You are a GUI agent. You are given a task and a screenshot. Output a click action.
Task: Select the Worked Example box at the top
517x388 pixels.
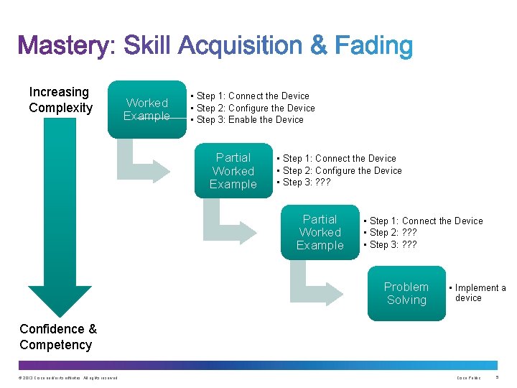click(x=146, y=109)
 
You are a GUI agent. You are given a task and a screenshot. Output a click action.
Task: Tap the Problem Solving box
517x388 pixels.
click(x=406, y=293)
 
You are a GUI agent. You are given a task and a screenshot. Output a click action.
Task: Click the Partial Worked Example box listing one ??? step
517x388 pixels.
click(x=233, y=171)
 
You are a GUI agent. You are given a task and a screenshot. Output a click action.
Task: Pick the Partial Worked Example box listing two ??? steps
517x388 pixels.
click(x=320, y=232)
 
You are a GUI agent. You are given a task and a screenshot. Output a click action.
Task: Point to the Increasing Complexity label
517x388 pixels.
click(x=60, y=100)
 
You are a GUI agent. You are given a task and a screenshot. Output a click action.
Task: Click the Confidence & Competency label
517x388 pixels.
click(x=57, y=337)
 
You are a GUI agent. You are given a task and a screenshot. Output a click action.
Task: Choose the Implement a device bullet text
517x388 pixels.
click(x=479, y=292)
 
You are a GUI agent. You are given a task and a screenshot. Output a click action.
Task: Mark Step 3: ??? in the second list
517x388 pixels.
click(x=306, y=183)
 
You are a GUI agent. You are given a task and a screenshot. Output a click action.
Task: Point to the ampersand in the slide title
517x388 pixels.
click(x=319, y=47)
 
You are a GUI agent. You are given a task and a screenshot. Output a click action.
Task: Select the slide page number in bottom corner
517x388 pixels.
click(x=499, y=378)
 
